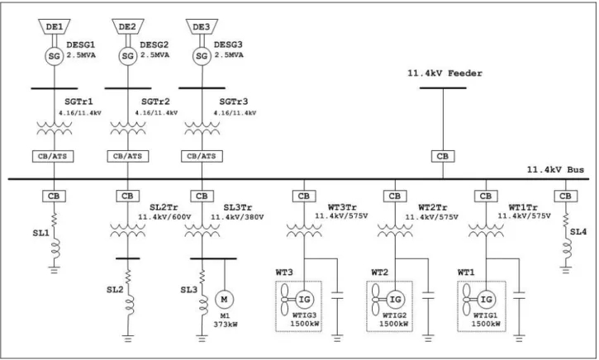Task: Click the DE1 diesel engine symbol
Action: tap(55, 26)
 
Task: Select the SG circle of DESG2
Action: tap(127, 56)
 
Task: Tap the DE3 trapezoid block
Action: tap(202, 26)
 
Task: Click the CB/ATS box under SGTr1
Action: tap(53, 156)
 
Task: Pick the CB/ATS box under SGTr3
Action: tap(202, 156)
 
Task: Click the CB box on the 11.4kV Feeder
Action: tap(443, 156)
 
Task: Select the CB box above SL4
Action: tap(565, 196)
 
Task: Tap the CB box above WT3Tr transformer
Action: tap(304, 196)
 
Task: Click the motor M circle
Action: tap(224, 299)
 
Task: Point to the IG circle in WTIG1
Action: tap(486, 299)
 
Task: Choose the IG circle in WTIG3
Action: tap(304, 299)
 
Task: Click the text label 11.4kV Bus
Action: tap(555, 169)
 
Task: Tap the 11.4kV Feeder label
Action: tap(444, 73)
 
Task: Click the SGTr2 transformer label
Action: tap(155, 102)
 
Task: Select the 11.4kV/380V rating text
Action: tap(237, 217)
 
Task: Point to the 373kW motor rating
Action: tap(226, 324)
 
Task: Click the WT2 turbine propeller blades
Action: tap(376, 299)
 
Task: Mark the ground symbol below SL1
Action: tap(54, 270)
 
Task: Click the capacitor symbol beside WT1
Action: tap(519, 295)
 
